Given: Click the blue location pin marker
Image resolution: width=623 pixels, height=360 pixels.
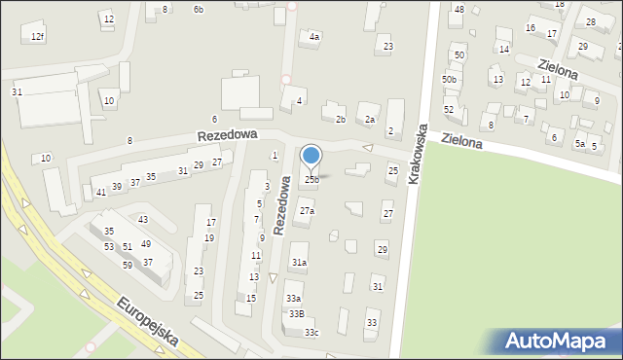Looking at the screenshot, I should [311, 157].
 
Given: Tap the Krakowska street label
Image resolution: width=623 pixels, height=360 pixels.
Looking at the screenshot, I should [419, 155].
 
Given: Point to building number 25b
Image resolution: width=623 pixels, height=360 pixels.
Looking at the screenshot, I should [311, 179].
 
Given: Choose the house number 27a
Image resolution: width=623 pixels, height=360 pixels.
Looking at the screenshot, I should [307, 211].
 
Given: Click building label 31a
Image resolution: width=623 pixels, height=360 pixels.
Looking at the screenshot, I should [300, 263].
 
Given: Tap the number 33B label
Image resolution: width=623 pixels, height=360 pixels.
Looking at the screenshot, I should [296, 313].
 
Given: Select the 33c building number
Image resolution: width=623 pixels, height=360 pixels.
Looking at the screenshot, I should [311, 333].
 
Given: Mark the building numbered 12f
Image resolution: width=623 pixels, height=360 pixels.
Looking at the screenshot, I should [37, 36].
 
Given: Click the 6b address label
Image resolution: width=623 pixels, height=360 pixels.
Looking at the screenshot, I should [198, 9].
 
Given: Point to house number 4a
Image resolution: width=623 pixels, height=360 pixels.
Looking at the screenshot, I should [313, 37].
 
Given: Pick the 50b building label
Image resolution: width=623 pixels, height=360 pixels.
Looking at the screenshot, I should [449, 79].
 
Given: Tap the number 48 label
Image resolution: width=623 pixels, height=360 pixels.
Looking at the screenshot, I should [459, 9].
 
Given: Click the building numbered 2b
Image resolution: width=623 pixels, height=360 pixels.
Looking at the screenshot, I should [340, 120].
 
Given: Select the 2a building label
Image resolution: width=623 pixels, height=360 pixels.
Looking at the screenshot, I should [370, 120].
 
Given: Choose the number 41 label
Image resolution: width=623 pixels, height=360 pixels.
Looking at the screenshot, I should [101, 193].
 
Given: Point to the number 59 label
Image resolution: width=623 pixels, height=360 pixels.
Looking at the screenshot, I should [128, 265].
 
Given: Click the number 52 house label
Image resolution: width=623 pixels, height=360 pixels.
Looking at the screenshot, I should [449, 110].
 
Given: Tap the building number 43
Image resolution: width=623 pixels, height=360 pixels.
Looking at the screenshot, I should [143, 220].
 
